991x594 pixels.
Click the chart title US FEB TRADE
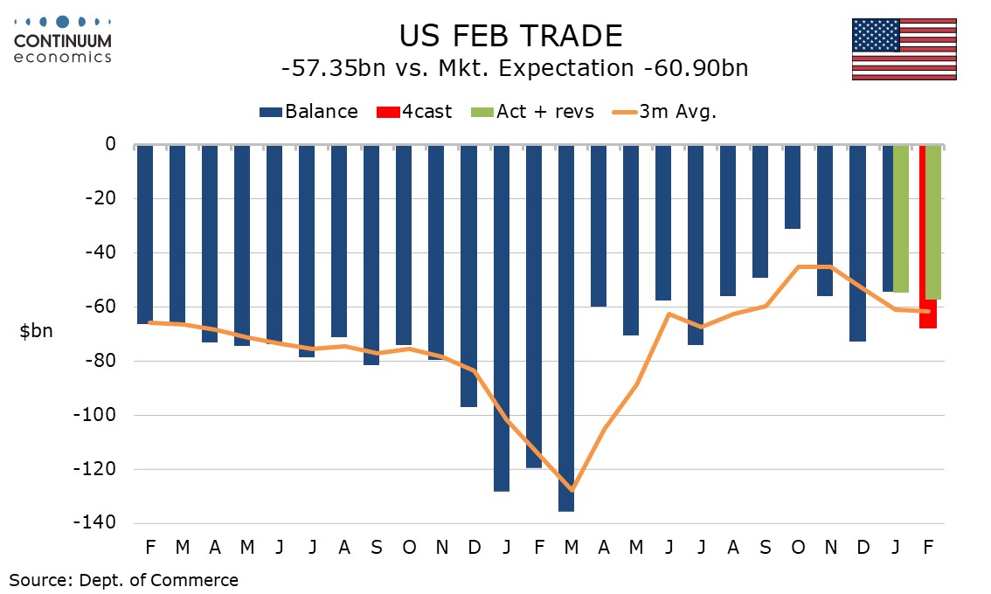pos(510,36)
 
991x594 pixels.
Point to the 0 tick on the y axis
pos(110,144)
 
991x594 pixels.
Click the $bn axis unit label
pos(36,332)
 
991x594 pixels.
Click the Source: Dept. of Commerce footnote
pos(123,579)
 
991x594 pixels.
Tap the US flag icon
pos(904,49)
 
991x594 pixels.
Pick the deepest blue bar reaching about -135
pos(565,328)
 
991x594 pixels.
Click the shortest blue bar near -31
pos(792,187)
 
